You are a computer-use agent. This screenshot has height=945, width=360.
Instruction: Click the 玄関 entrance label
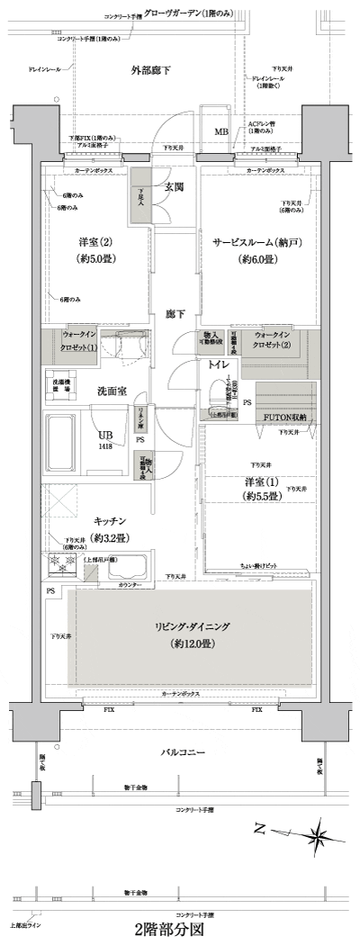174,187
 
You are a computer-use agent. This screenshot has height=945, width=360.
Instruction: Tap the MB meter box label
220,132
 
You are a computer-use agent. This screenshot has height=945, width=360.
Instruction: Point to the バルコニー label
184,751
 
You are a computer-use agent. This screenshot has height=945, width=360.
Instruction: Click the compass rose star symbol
318,836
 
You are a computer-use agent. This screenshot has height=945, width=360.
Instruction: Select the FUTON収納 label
284,418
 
